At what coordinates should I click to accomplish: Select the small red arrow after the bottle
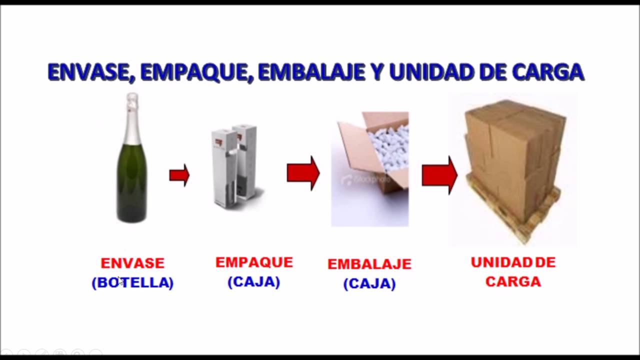tap(179, 175)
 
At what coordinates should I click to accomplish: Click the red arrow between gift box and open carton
tap(303, 173)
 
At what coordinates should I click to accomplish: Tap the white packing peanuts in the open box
tap(387, 145)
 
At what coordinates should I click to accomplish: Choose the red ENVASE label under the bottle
tap(132, 263)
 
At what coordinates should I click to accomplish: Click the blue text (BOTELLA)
tap(132, 282)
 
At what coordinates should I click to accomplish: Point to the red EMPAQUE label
tap(254, 262)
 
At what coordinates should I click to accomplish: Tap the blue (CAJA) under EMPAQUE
tap(254, 282)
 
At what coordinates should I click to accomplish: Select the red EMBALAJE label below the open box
tap(369, 264)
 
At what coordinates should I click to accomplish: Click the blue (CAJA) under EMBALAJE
tap(369, 284)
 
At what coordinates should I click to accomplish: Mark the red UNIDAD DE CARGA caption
tap(513, 272)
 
